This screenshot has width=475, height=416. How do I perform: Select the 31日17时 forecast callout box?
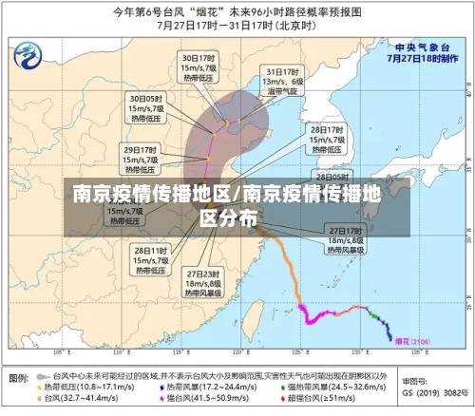(283, 83)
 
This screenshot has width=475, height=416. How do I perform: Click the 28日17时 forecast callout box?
(327, 138)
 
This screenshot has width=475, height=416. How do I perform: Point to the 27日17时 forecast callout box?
(346, 240)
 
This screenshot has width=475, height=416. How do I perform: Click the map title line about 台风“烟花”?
(237, 12)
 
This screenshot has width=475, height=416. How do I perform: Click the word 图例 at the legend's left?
(19, 378)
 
